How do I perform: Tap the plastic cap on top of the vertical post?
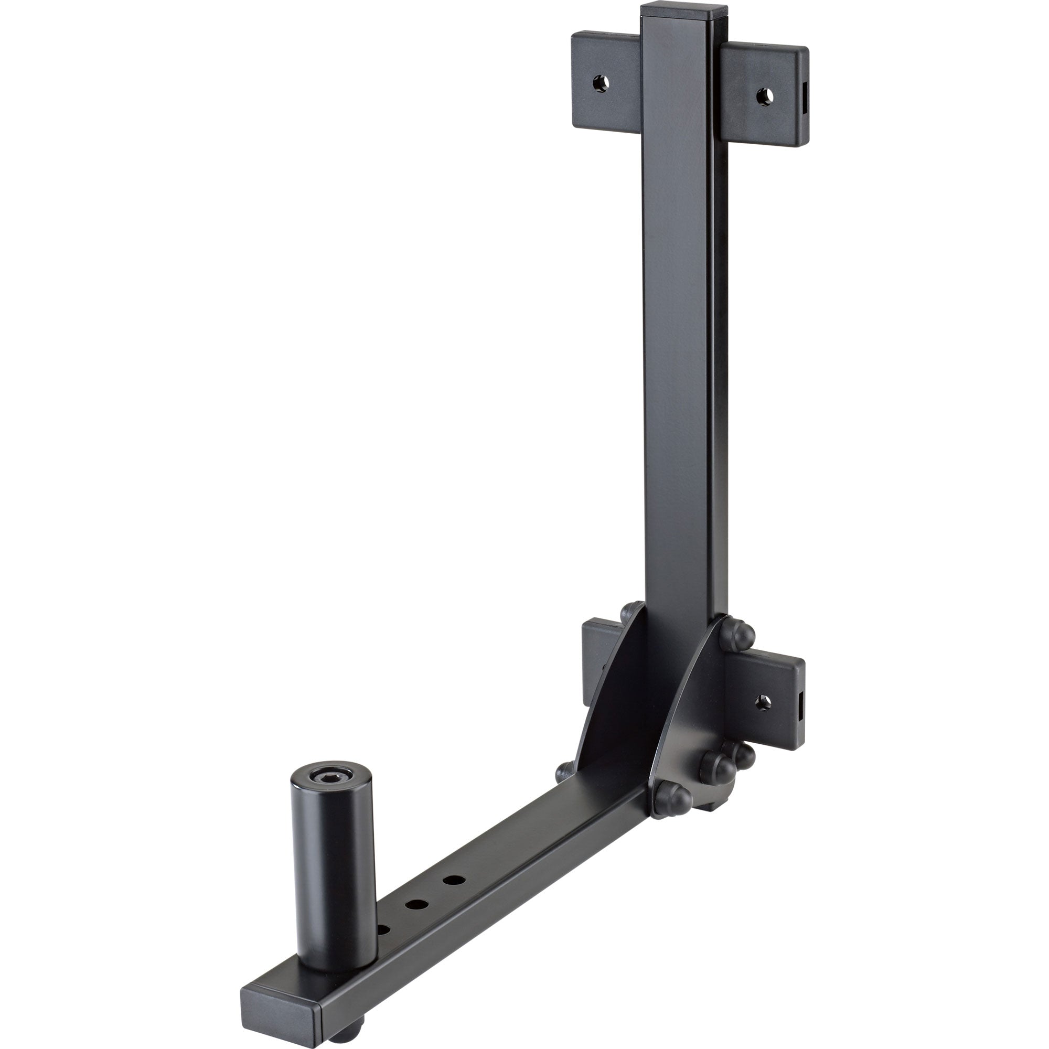(683, 12)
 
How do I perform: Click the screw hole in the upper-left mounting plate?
(600, 83)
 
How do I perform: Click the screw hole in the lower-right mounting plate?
(763, 703)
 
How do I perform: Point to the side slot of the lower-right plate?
(801, 707)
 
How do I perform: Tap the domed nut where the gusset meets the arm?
(673, 799)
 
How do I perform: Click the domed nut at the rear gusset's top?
(631, 613)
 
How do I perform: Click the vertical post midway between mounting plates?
(679, 380)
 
